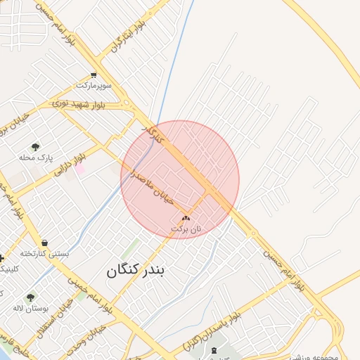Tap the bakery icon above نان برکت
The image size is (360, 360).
pyautogui.click(x=186, y=219)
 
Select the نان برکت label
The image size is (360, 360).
pyautogui.click(x=186, y=229)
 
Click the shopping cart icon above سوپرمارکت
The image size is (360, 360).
pyautogui.click(x=94, y=75)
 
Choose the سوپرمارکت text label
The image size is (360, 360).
pyautogui.click(x=94, y=85)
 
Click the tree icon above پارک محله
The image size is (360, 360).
pyautogui.click(x=35, y=147)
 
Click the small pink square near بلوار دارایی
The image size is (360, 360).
pyautogui.click(x=80, y=169)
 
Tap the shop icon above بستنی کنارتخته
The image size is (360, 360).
pyautogui.click(x=44, y=243)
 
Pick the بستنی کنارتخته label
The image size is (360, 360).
pyautogui.click(x=44, y=253)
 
